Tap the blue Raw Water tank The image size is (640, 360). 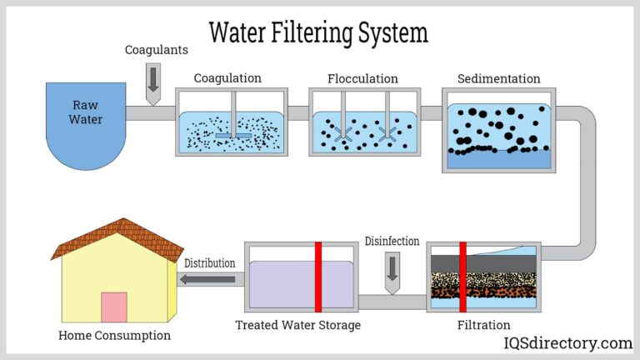[x=87, y=125]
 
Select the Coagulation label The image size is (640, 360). [x=227, y=78]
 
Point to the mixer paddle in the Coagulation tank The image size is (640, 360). [x=232, y=133]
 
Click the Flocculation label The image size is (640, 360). [x=363, y=78]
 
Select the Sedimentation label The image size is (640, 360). [x=498, y=78]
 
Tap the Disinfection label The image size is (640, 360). [x=392, y=242]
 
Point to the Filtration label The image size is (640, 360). [x=484, y=325]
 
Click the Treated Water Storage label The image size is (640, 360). [x=297, y=325]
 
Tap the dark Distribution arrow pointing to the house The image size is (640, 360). [x=208, y=279]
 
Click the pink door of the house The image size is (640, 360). [x=114, y=307]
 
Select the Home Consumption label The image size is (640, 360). [x=114, y=336]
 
